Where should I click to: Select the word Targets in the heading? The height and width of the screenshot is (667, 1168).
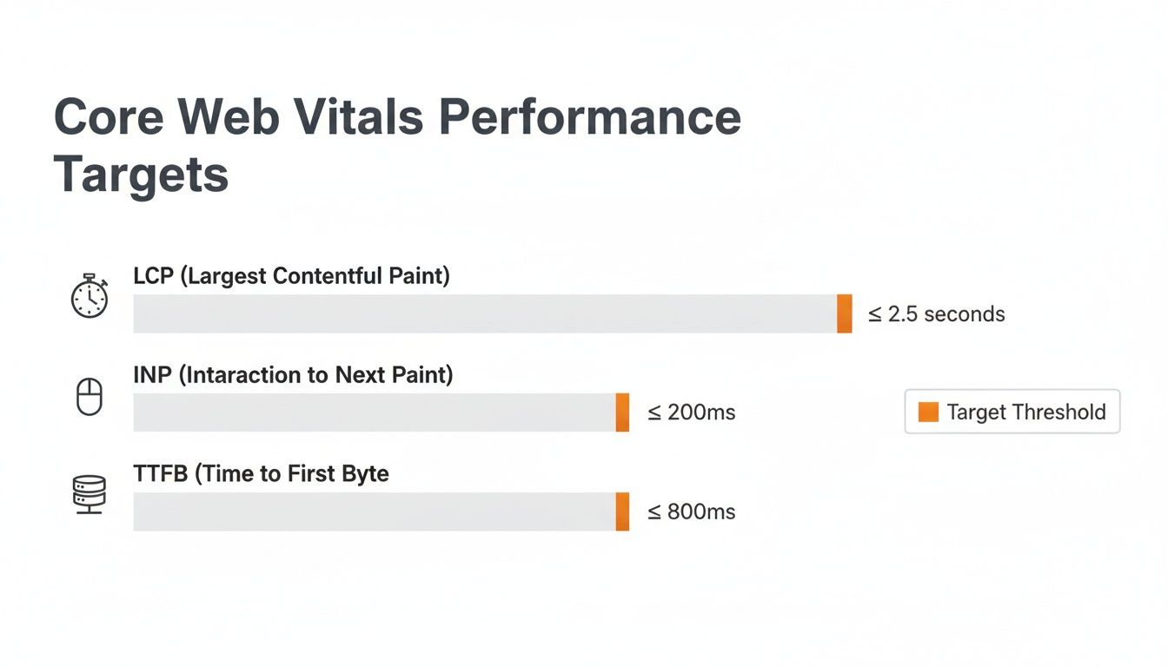point(141,174)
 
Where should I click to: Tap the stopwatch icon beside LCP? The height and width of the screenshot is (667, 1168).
point(89,297)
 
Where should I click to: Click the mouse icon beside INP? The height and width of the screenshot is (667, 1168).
point(90,397)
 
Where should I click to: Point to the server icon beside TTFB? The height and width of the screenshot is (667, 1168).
point(89,494)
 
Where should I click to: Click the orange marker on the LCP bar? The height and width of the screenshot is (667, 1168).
point(844,314)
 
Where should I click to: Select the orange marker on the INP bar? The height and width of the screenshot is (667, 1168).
point(622,413)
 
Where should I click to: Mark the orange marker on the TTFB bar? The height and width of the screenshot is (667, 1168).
point(622,512)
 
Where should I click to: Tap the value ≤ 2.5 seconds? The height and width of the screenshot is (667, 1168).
point(937,314)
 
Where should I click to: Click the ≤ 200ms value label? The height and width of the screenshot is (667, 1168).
point(692,413)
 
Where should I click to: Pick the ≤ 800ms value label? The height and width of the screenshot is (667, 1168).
point(692,512)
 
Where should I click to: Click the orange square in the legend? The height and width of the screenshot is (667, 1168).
point(928,412)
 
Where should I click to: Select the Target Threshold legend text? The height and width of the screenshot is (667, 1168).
point(1025,412)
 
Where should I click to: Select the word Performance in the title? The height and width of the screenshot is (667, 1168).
point(589,117)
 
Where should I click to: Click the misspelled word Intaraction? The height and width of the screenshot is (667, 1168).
point(248,375)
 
